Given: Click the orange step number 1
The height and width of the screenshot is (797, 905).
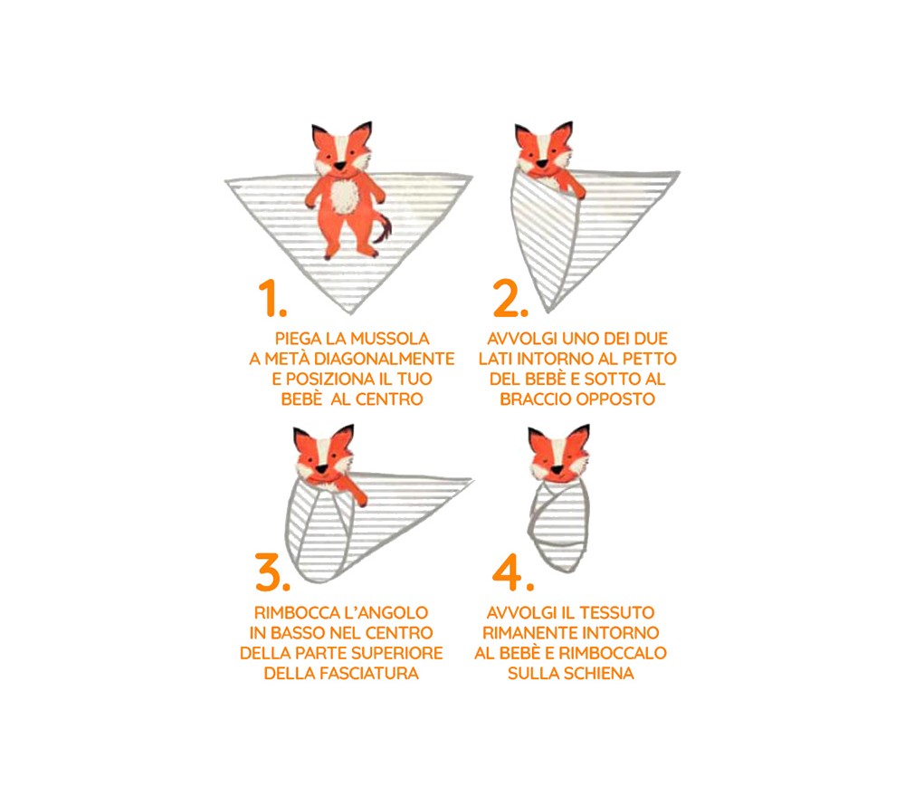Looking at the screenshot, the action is click(271, 298).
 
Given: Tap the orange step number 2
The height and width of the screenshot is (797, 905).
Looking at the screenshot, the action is click(510, 298).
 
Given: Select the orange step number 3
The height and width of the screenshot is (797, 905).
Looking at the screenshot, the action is click(271, 572).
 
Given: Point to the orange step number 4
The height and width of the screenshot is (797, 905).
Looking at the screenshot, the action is click(512, 572).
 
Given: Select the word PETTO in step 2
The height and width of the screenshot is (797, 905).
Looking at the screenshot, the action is click(647, 359).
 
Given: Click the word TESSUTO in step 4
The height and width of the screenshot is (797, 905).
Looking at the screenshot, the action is click(617, 613).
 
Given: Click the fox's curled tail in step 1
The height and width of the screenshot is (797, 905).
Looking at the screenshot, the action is click(383, 229).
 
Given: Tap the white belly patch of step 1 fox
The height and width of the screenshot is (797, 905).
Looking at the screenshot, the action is click(345, 197).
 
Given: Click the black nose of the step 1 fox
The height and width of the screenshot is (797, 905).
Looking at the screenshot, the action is click(340, 166).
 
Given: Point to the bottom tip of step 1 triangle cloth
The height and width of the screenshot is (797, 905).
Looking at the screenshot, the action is click(349, 313).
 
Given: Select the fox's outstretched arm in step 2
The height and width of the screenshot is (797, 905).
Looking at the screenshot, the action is click(574, 185).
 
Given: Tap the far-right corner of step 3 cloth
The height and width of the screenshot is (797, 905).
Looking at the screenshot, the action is click(472, 480).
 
